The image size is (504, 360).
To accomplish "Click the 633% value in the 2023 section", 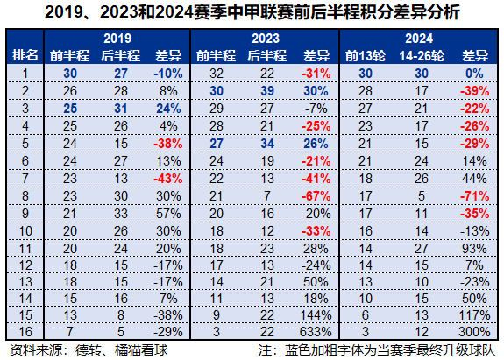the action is [316, 332].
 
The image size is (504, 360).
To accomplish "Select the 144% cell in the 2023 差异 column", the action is [316, 315].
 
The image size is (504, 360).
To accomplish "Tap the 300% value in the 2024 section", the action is [474, 332].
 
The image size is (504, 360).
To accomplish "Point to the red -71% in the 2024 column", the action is [474, 196].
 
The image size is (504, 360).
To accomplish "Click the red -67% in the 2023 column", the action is [316, 196].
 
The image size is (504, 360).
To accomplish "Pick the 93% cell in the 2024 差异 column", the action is [474, 249].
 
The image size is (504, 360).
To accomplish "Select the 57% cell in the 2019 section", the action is [168, 214].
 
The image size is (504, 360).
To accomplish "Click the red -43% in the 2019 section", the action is [168, 179].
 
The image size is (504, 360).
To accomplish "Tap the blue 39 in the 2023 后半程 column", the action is [267, 91].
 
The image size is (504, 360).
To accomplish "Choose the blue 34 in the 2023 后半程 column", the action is [267, 144].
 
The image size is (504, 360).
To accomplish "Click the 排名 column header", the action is [25, 55].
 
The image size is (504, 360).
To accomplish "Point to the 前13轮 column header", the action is [366, 56].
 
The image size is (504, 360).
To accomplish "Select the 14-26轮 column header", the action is [422, 56].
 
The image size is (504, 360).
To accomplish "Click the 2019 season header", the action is [117, 39].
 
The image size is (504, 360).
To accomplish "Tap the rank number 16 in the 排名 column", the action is [25, 332].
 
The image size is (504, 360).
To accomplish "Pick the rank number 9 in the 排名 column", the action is [25, 214].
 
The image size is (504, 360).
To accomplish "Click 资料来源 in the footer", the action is [36, 350].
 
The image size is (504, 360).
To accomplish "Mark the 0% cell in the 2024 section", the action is [474, 74].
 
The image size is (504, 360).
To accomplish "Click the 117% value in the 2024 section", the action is [474, 315].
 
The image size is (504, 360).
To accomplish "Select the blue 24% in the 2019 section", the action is [168, 109].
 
